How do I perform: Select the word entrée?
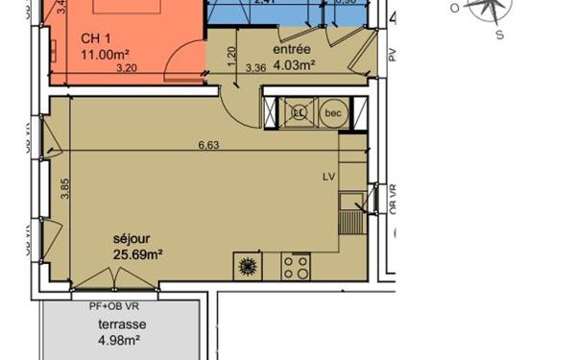(x=291, y=49)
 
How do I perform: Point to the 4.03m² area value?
(x=294, y=66)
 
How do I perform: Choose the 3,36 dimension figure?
(x=255, y=68)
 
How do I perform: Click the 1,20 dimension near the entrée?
(x=230, y=56)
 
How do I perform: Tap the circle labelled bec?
(x=334, y=113)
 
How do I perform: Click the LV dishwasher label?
(x=329, y=177)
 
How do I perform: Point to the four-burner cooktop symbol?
(x=296, y=267)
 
